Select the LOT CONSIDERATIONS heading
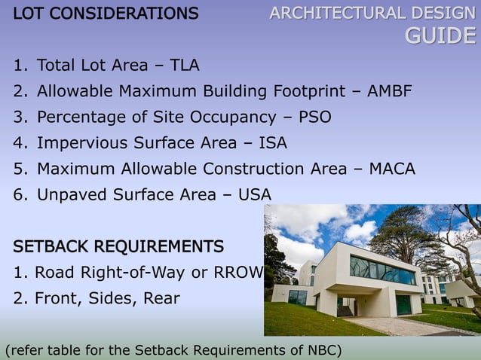pyautogui.click(x=106, y=13)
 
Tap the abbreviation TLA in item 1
pyautogui.click(x=184, y=65)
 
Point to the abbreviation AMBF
pyautogui.click(x=390, y=91)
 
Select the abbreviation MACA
pyautogui.click(x=392, y=169)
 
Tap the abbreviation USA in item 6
pyautogui.click(x=254, y=195)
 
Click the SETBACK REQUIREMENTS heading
pyautogui.click(x=118, y=246)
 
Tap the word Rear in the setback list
pyautogui.click(x=161, y=298)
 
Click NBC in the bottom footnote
pyautogui.click(x=325, y=350)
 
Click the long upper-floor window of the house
pyautogui.click(x=382, y=269)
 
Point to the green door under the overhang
pyautogui.click(x=403, y=304)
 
